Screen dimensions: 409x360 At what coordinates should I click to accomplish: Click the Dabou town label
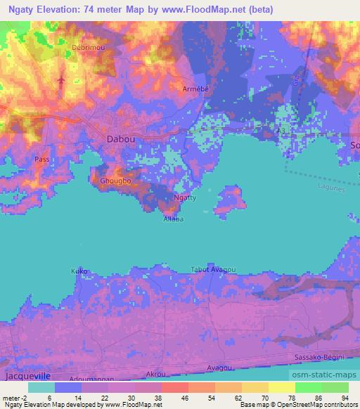point(121,139)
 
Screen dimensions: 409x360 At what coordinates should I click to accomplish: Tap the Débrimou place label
point(88,48)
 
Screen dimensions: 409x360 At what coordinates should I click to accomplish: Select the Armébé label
point(195,89)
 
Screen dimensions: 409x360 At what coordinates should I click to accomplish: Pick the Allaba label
point(173,220)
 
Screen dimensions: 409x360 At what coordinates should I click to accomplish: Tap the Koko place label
point(79,271)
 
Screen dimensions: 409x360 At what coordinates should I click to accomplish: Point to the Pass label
point(41,160)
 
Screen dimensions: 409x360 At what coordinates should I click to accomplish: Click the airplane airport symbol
point(62,79)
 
